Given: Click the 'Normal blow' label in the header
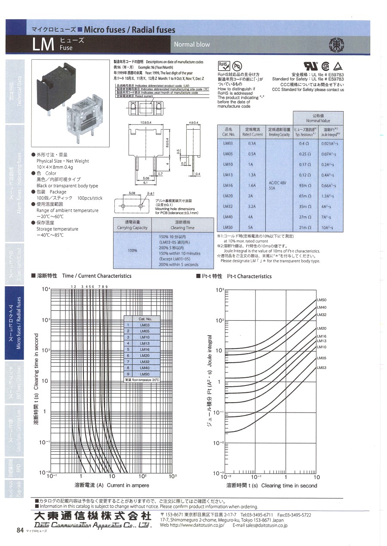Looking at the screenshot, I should coord(192,44).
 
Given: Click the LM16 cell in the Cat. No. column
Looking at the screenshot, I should coord(228,185).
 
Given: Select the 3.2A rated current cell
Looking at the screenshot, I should coord(252,206).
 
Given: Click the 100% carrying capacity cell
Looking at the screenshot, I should coord(132,250).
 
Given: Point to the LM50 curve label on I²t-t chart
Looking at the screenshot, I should coord(322,300).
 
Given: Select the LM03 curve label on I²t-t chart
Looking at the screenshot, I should coord(322,367).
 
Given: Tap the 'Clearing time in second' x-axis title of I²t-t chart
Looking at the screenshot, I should coord(289,485).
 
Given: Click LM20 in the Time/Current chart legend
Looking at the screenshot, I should coord(144,355).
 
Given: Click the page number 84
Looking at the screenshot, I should coord(19,530).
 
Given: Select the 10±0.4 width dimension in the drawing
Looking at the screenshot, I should coord(145,123).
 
